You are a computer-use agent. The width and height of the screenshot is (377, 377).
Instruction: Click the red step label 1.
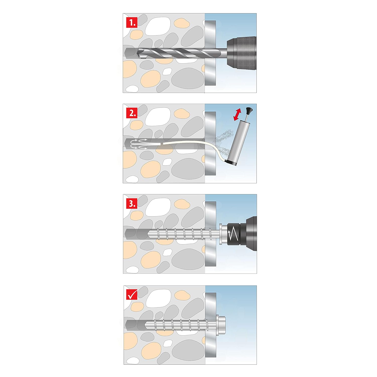click(x=132, y=23)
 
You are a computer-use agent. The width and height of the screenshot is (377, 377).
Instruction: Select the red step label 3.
click(x=132, y=204)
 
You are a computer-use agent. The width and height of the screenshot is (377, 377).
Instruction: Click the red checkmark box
click(x=132, y=294)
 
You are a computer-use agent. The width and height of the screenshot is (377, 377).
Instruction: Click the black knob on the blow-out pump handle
click(x=249, y=110)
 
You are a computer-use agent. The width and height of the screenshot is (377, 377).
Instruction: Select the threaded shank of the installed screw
click(x=182, y=325)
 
